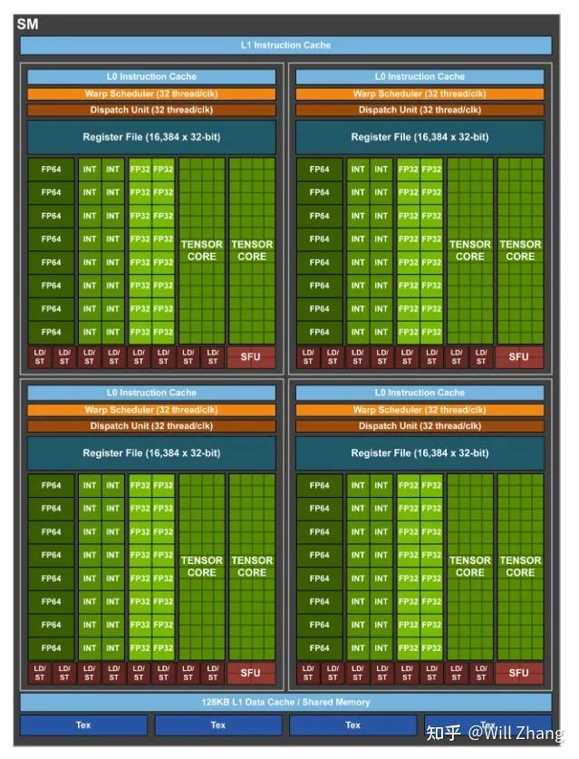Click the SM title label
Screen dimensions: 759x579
[x=27, y=24]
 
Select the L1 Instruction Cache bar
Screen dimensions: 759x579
[x=285, y=45]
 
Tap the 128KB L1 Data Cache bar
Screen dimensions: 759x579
[x=285, y=702]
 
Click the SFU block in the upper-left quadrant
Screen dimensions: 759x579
[x=250, y=356]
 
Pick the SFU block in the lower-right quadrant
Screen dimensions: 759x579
[x=518, y=673]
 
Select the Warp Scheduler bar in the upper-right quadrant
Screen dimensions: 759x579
[x=419, y=93]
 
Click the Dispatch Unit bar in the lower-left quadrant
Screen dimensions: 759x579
[x=151, y=425]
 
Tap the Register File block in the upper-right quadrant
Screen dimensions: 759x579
[x=419, y=137]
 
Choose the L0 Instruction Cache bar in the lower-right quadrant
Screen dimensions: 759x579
[x=419, y=393]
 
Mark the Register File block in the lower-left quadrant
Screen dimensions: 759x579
[x=151, y=452]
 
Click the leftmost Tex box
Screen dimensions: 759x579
[x=83, y=725]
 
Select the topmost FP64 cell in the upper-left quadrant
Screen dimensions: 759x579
[x=51, y=169]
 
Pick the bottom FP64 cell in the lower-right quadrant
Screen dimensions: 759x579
[x=319, y=647]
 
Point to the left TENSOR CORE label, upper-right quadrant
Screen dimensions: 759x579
[x=469, y=250]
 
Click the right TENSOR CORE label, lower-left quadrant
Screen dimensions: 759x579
[x=252, y=567]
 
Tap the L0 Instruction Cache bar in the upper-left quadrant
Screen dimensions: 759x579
[x=151, y=76]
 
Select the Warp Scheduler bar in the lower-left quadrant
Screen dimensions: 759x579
[x=151, y=410]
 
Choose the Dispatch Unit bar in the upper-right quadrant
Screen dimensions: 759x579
[x=419, y=110]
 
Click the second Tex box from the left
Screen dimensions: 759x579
[x=217, y=725]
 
